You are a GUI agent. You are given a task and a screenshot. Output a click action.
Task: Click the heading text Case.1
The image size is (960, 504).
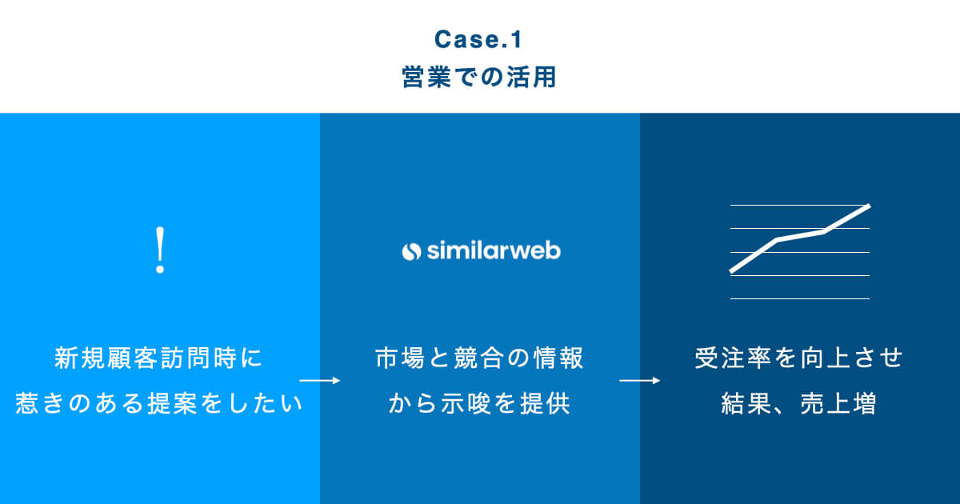(479, 39)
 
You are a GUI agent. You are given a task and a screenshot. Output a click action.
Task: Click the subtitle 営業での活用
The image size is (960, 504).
(479, 78)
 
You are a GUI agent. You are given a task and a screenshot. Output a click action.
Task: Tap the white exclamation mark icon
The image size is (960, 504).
(160, 251)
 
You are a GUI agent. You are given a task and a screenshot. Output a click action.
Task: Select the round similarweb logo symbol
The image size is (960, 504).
(410, 251)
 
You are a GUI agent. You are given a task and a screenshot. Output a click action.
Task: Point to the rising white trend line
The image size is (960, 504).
(800, 235)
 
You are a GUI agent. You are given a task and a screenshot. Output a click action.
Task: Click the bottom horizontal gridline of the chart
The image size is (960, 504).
(800, 298)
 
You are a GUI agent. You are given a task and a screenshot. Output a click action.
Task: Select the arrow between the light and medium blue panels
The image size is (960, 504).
(320, 381)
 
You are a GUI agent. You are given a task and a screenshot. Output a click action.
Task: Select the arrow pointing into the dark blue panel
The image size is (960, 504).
(640, 381)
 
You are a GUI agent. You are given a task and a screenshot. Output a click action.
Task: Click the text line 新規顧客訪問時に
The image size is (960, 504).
(159, 358)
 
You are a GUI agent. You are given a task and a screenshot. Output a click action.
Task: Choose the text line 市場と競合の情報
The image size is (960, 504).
(479, 358)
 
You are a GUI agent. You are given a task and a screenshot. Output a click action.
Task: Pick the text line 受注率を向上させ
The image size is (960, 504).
(799, 358)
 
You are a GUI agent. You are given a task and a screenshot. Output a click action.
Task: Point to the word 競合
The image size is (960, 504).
(479, 358)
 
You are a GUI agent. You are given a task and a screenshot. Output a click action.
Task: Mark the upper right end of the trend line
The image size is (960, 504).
(868, 206)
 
